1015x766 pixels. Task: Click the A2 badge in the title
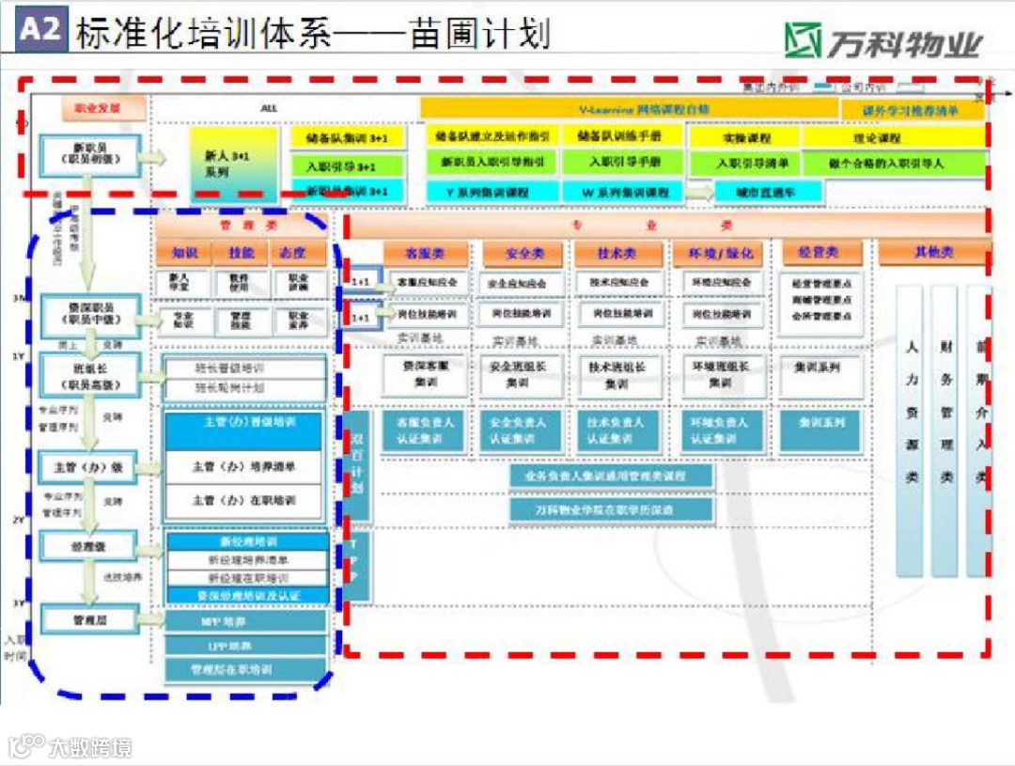(x=40, y=30)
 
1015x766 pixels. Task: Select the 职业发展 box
(x=104, y=108)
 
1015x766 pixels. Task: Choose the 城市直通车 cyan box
(x=769, y=192)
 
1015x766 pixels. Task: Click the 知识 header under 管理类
(x=184, y=253)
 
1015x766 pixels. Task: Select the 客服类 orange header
(x=425, y=253)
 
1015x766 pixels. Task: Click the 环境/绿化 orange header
(x=722, y=253)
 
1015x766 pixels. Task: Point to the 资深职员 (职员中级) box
(x=90, y=314)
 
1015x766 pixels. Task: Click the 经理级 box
(x=90, y=545)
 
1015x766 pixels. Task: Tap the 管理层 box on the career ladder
(x=90, y=619)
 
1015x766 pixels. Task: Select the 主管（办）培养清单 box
(x=243, y=466)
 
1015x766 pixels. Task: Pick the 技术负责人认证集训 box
(x=616, y=430)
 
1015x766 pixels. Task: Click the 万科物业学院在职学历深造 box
(x=611, y=509)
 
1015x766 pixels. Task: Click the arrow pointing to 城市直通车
(x=698, y=193)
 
